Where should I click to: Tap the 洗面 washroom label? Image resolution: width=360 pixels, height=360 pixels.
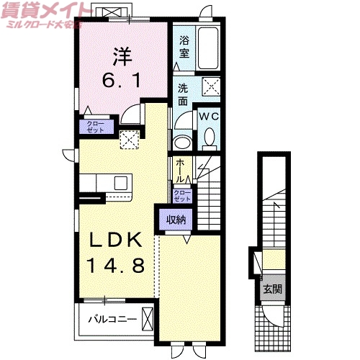tap(184, 94)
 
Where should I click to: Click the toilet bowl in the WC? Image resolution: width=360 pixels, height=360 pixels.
tap(210, 137)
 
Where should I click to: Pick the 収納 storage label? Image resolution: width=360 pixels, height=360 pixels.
tap(176, 220)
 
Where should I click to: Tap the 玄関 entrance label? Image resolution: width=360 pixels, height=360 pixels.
tap(272, 289)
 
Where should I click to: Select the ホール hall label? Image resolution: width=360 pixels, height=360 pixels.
tap(180, 168)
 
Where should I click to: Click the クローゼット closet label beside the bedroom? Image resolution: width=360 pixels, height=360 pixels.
tap(95, 127)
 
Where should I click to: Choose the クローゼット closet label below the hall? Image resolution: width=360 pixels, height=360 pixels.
tap(183, 194)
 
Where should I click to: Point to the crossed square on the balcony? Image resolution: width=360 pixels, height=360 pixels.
tap(148, 318)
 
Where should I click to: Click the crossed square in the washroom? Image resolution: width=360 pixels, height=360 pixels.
tap(210, 87)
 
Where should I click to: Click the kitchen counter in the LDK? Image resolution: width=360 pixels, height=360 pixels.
tap(105, 183)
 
